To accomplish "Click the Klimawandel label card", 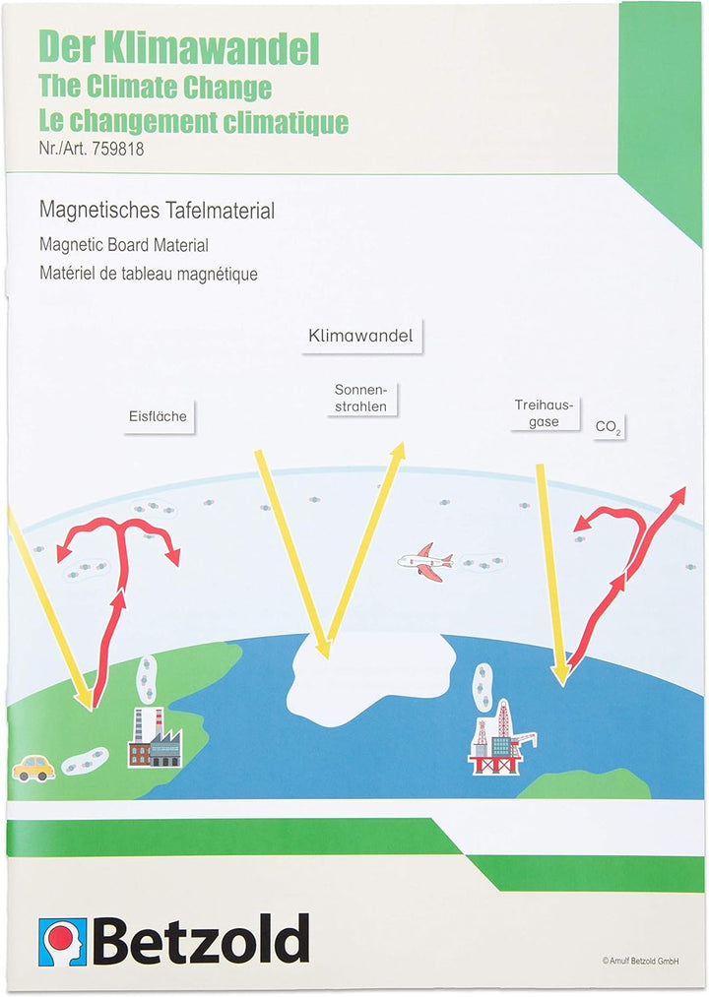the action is click(x=360, y=336).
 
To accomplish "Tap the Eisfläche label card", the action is click(x=159, y=416).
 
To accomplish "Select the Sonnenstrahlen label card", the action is click(x=360, y=398).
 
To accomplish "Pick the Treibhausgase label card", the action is click(x=545, y=412).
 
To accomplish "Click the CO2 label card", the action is click(x=609, y=427).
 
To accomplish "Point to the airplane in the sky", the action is click(x=425, y=562).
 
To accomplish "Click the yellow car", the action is click(x=33, y=768).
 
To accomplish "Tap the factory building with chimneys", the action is click(x=155, y=737).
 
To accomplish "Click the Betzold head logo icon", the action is click(x=62, y=941).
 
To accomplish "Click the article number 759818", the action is click(x=118, y=149).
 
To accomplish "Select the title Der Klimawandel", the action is click(x=179, y=47).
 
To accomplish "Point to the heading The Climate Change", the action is click(x=156, y=87).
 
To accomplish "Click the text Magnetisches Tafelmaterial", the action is click(x=158, y=211).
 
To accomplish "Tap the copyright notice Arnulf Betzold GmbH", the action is click(x=640, y=961).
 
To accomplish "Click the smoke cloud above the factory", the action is click(x=147, y=678).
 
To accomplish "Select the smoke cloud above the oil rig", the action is click(x=483, y=686).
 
